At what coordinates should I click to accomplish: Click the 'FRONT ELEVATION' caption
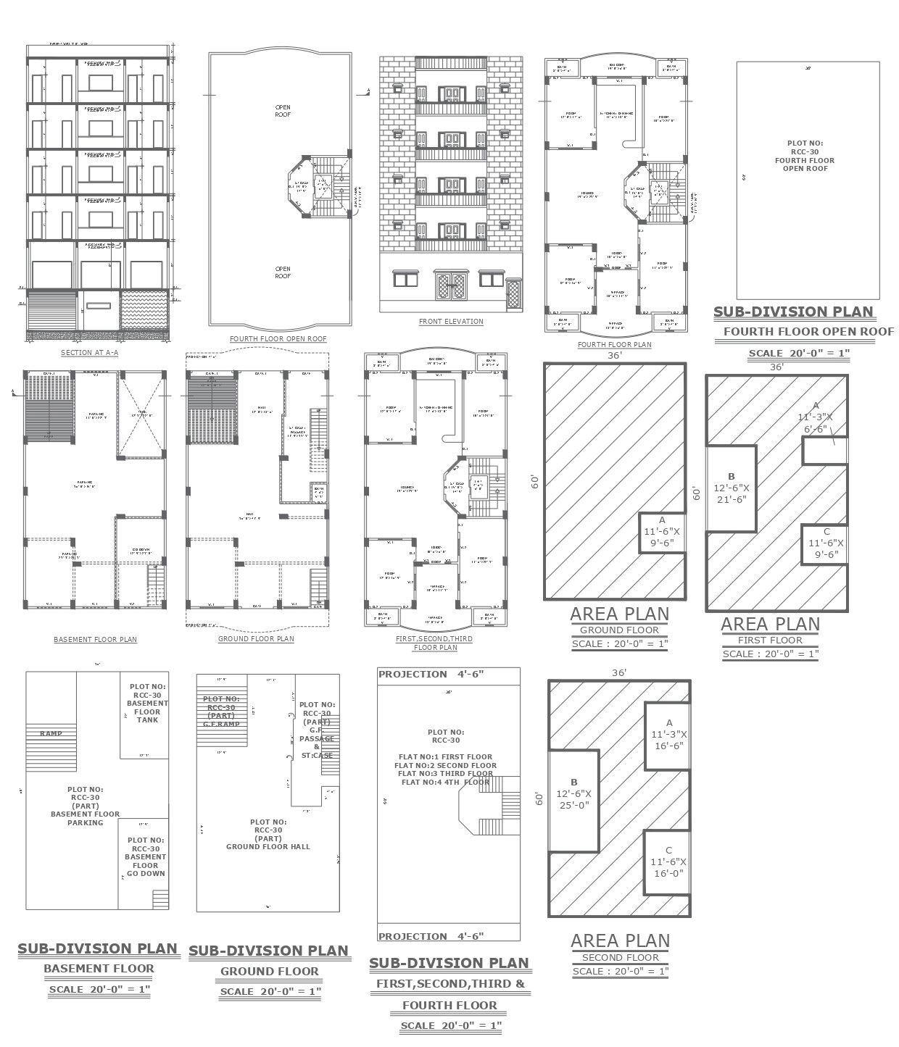[x=451, y=321]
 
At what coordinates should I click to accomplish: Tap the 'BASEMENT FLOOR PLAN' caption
[x=95, y=640]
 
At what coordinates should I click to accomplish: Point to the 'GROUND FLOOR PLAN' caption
[x=256, y=639]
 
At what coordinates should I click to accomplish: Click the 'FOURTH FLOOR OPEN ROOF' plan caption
[x=278, y=338]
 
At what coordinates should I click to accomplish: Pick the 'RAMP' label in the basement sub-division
[x=51, y=733]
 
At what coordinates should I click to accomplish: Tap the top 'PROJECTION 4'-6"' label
[x=431, y=674]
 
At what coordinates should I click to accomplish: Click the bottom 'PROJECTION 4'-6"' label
[x=431, y=936]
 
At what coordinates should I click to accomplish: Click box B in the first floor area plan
[x=732, y=488]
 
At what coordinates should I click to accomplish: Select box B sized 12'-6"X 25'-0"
[x=573, y=793]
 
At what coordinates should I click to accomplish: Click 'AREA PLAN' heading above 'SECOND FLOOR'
[x=620, y=940]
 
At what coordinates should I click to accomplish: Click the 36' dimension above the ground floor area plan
[x=614, y=355]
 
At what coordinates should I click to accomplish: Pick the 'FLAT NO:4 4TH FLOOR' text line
[x=446, y=782]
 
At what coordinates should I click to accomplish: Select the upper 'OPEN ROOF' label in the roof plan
[x=283, y=111]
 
